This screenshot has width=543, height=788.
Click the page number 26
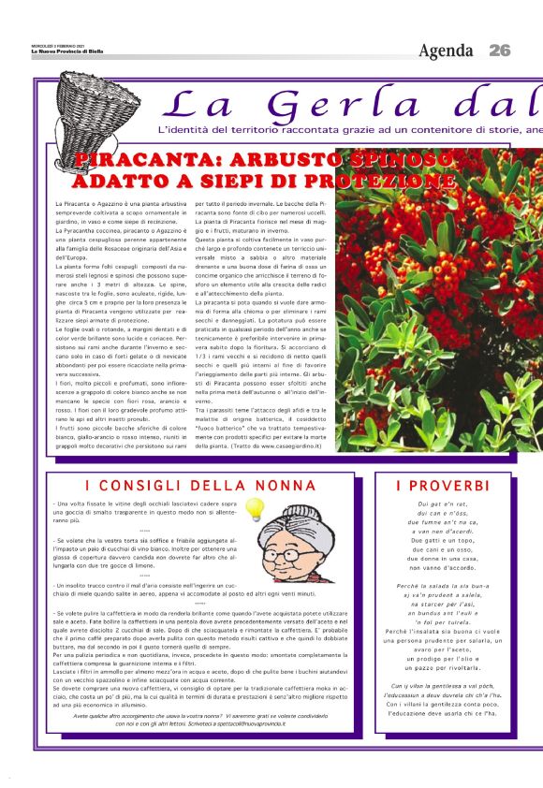click(x=499, y=50)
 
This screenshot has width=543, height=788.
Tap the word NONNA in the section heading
click(x=277, y=486)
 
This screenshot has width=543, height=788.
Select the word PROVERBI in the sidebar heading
click(x=442, y=486)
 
